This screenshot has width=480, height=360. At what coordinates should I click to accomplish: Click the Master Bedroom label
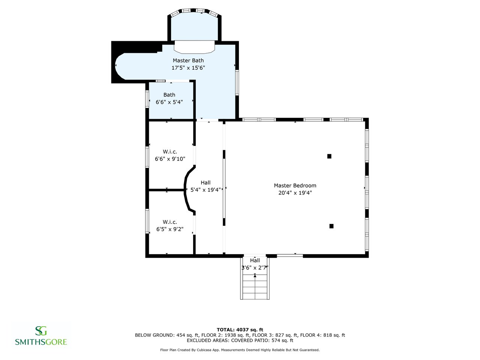[295, 186]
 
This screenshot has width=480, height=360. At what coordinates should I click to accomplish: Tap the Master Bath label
[188, 60]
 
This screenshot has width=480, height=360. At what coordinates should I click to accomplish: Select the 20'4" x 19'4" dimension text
[295, 193]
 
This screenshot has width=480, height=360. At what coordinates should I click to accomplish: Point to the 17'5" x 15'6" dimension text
[188, 68]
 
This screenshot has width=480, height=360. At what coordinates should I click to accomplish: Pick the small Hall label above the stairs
[255, 260]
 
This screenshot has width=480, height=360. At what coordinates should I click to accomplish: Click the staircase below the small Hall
[255, 287]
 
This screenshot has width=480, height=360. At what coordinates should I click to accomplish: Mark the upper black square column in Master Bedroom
[329, 156]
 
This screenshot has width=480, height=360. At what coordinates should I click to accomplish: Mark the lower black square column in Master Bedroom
[331, 226]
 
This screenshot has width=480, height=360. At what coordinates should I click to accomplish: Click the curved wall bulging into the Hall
[185, 189]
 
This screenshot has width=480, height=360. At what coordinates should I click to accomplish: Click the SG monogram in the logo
[41, 331]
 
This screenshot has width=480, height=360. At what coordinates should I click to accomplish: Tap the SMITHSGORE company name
[41, 342]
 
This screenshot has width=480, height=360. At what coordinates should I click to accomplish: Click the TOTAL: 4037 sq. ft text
[240, 330]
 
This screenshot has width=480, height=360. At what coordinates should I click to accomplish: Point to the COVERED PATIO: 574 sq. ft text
[262, 340]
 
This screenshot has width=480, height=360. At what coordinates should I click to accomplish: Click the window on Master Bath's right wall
[237, 82]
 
